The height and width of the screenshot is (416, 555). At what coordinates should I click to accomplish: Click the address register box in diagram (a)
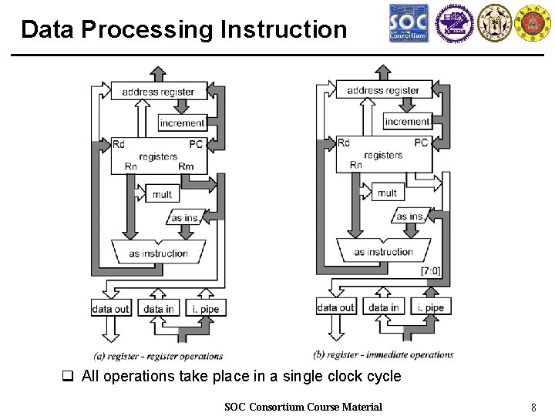pyautogui.click(x=158, y=92)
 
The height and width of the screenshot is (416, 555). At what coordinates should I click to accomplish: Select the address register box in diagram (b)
pyautogui.click(x=383, y=90)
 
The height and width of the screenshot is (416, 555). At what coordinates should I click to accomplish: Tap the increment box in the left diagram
pyautogui.click(x=182, y=122)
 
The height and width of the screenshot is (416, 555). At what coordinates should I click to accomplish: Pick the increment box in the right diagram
pyautogui.click(x=407, y=121)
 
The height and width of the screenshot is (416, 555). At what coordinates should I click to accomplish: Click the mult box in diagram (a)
pyautogui.click(x=162, y=194)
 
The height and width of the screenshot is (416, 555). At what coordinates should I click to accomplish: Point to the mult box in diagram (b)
pyautogui.click(x=388, y=193)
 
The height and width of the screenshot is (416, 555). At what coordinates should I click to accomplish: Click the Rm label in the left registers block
pyautogui.click(x=186, y=166)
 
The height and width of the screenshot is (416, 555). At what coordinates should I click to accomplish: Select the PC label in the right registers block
pyautogui.click(x=421, y=143)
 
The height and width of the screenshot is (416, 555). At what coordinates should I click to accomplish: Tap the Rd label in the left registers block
pyautogui.click(x=119, y=144)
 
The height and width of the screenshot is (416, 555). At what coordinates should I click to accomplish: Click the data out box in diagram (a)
pyautogui.click(x=111, y=309)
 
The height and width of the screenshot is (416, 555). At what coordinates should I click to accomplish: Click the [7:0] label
pyautogui.click(x=431, y=270)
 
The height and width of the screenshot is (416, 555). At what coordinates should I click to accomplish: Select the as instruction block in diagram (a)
pyautogui.click(x=158, y=253)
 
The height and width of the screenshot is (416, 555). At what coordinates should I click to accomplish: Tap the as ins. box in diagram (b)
pyautogui.click(x=410, y=216)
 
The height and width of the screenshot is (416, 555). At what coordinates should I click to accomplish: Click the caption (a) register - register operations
pyautogui.click(x=158, y=356)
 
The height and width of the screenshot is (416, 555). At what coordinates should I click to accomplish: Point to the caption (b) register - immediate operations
pyautogui.click(x=384, y=354)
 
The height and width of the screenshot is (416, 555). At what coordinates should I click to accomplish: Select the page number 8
pyautogui.click(x=533, y=407)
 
